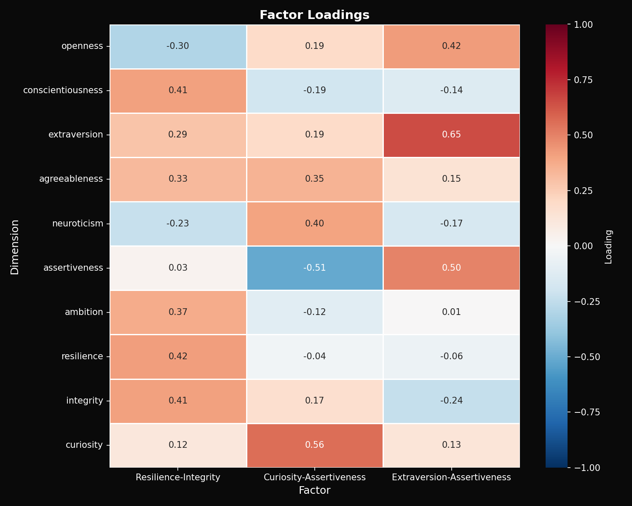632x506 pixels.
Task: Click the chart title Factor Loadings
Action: point(314,15)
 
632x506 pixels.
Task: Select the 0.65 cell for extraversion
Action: point(451,135)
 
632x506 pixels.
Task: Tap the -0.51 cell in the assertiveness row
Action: point(314,268)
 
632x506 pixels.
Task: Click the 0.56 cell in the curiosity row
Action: point(314,445)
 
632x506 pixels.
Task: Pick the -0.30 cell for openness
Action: point(178,46)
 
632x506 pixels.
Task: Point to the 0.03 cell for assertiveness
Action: point(178,268)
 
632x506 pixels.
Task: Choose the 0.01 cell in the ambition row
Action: point(451,312)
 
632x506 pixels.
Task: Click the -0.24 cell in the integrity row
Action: point(451,401)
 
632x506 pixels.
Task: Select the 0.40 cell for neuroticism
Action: point(314,223)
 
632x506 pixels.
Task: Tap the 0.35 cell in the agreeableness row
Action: point(314,179)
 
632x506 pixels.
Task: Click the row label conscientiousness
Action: point(63,90)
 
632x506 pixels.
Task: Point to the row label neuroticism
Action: point(78,223)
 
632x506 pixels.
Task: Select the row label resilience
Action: point(82,356)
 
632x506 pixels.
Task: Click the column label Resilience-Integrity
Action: point(178,477)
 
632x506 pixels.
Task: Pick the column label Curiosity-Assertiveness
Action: point(314,477)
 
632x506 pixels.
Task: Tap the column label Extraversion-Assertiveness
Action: point(451,477)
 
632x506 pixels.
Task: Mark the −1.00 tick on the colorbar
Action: point(585,468)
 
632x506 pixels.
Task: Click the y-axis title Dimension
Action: point(15,247)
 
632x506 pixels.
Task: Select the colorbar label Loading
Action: point(608,247)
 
